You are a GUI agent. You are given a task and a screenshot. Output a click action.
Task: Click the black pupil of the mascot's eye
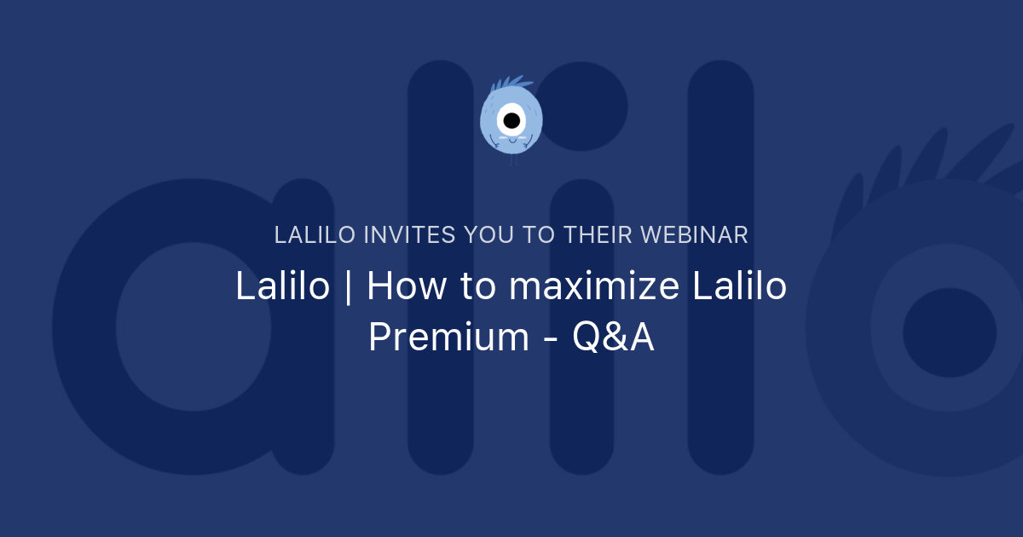click(x=511, y=120)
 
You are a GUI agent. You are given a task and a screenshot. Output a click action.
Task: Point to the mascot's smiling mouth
click(x=511, y=142)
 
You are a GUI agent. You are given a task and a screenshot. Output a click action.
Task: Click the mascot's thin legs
click(x=513, y=159)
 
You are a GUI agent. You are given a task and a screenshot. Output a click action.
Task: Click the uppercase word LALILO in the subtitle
click(x=315, y=235)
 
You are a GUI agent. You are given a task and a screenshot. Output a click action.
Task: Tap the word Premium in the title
click(x=448, y=338)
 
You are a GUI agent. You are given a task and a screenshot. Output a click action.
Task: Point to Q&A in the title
click(x=613, y=338)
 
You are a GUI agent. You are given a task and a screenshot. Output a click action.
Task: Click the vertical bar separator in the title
click(x=348, y=287)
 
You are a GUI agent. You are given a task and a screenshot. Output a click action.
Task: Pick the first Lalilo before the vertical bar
click(x=282, y=287)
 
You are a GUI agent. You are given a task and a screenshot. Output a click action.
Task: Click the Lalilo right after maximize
click(x=738, y=287)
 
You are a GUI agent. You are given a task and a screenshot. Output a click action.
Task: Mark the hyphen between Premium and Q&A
click(x=550, y=339)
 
